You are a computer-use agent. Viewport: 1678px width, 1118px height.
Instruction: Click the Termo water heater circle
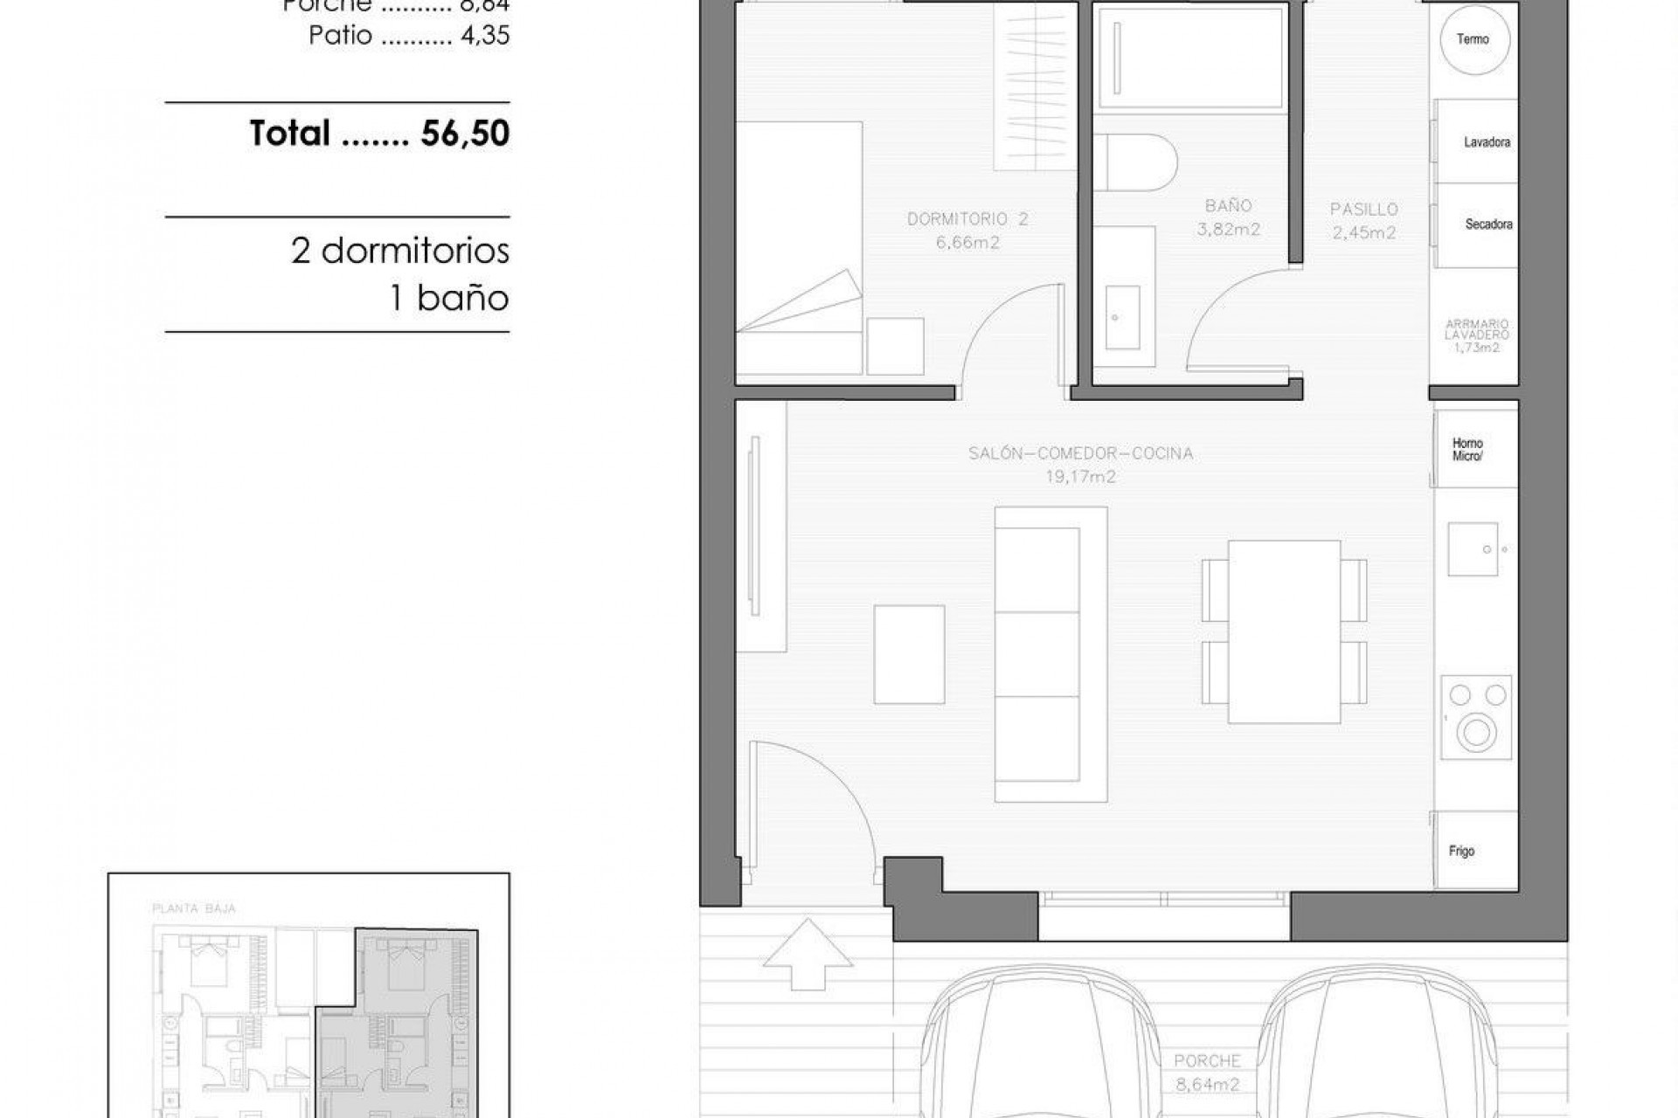[1473, 39]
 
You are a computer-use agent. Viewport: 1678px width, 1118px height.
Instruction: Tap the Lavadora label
[1487, 142]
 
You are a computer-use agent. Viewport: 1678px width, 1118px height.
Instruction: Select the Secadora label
[1488, 224]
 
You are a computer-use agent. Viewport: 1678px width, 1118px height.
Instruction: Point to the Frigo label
[1461, 851]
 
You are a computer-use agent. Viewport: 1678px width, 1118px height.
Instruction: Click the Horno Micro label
[1467, 450]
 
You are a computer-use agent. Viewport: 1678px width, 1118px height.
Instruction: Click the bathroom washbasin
[1122, 316]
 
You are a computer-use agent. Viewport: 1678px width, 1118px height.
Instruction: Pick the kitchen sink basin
[1473, 549]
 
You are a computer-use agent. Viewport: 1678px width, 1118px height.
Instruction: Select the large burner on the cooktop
[1476, 732]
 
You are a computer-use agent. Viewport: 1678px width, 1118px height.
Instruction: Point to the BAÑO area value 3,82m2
[1228, 230]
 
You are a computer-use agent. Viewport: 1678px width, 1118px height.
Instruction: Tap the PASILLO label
[1363, 210]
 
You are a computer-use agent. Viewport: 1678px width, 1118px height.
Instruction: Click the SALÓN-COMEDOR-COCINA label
[1080, 453]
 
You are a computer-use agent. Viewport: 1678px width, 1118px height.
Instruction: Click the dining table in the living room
[1284, 631]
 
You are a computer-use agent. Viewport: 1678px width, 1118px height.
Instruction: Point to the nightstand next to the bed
[895, 347]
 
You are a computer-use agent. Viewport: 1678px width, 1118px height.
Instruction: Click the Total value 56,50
[465, 134]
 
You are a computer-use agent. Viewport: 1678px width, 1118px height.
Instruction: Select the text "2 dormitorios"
[399, 252]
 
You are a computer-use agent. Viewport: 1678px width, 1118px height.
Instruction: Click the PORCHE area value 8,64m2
[1207, 1085]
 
